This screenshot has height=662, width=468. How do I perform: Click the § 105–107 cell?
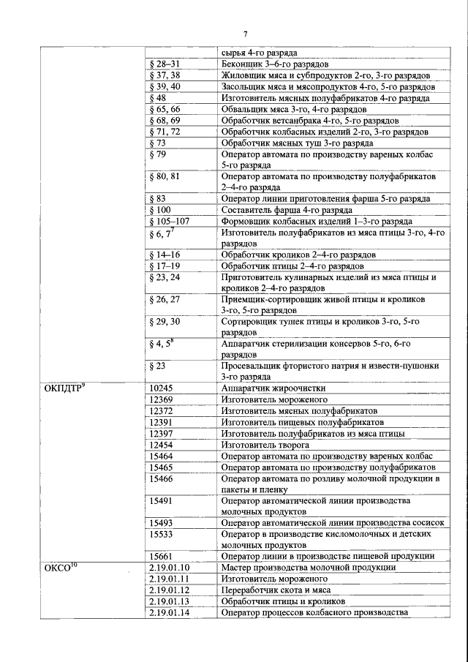pyautogui.click(x=169, y=221)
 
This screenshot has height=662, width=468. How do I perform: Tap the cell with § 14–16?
pyautogui.click(x=165, y=255)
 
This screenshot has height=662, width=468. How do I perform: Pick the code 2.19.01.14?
pyautogui.click(x=169, y=612)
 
